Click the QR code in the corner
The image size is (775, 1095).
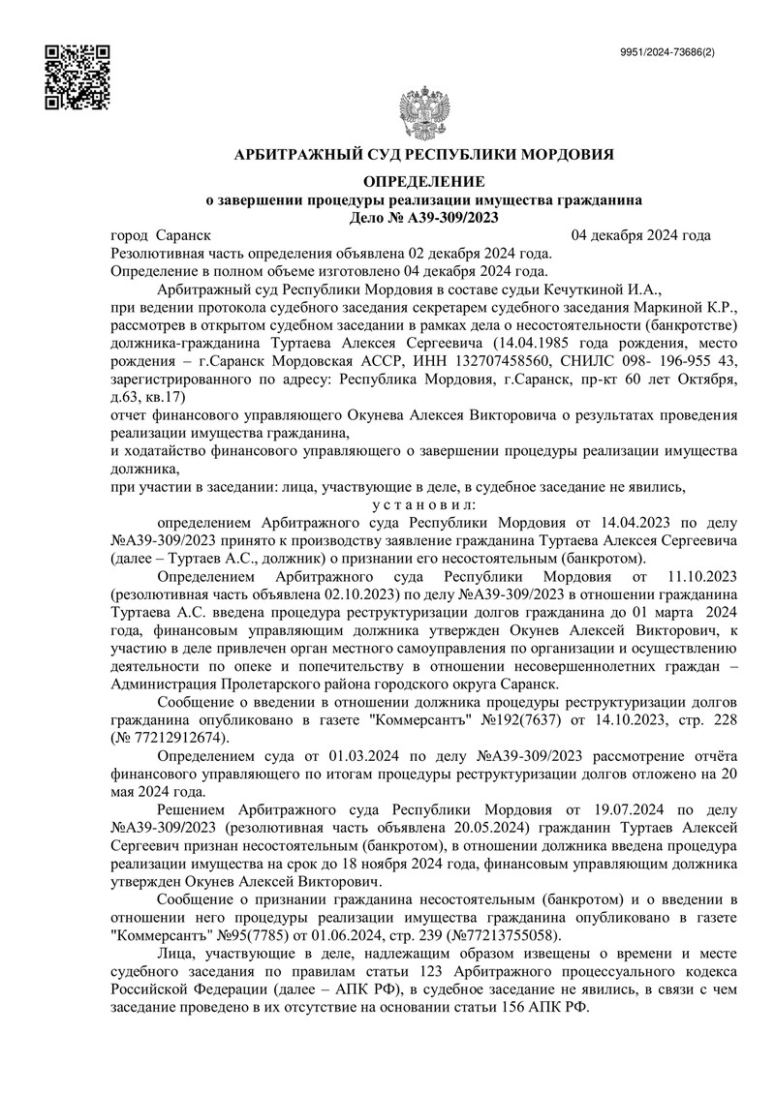tap(78, 76)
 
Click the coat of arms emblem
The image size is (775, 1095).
tap(426, 117)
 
